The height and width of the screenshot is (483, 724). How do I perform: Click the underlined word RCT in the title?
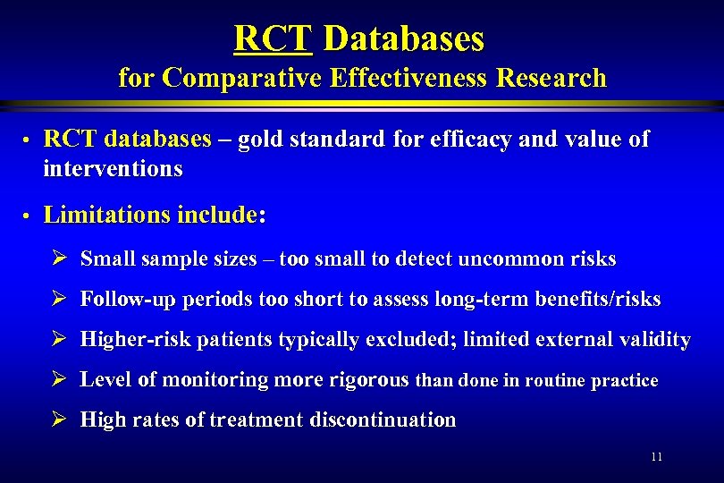(272, 38)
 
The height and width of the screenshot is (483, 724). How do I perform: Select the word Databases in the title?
(403, 38)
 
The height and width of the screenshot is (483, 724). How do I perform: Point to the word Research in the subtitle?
(552, 78)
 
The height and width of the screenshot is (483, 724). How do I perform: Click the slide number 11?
(657, 457)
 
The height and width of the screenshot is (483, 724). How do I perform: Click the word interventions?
(113, 168)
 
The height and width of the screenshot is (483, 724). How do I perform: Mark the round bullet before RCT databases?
(28, 141)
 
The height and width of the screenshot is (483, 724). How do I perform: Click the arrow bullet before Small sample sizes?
(60, 259)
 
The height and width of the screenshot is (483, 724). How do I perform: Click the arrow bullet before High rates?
(60, 419)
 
